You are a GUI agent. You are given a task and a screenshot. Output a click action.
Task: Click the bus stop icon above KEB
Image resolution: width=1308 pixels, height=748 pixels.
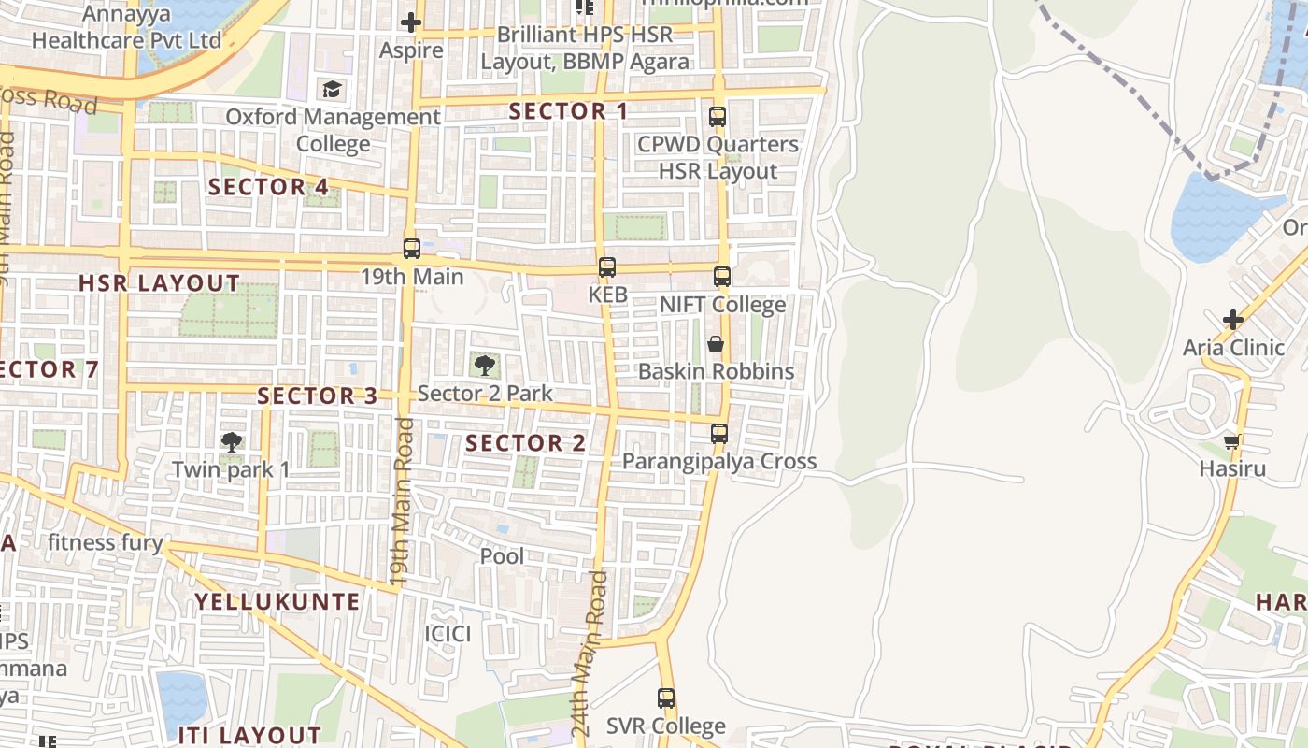pyautogui.click(x=607, y=267)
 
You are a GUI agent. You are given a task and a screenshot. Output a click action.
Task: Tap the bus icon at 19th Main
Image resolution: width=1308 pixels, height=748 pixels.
pyautogui.click(x=411, y=249)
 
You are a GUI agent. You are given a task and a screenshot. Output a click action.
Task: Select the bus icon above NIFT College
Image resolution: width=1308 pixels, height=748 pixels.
pyautogui.click(x=721, y=277)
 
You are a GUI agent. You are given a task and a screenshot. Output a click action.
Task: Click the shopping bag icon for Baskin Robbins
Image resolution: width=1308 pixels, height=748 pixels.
pyautogui.click(x=716, y=344)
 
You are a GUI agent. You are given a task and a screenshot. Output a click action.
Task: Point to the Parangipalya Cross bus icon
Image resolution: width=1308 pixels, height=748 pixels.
pyautogui.click(x=718, y=434)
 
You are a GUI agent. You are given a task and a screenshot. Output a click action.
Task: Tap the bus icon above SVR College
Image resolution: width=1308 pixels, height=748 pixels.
pyautogui.click(x=665, y=698)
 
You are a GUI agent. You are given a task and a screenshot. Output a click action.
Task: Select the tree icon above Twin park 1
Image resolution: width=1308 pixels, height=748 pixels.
pyautogui.click(x=231, y=441)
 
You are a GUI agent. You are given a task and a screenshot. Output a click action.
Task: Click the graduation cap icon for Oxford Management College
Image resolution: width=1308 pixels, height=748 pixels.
pyautogui.click(x=332, y=90)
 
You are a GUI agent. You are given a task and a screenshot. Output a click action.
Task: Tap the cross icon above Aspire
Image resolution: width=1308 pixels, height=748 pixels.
pyautogui.click(x=410, y=22)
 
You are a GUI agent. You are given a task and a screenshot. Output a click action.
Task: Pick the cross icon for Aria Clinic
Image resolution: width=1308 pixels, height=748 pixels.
pyautogui.click(x=1233, y=320)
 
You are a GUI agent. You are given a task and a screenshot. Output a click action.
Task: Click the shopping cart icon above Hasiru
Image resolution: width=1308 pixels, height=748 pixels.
pyautogui.click(x=1232, y=441)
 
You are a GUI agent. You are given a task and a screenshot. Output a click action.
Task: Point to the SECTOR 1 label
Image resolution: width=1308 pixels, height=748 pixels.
pyautogui.click(x=568, y=111)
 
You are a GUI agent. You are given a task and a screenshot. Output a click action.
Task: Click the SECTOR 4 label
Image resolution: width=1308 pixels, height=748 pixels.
pyautogui.click(x=268, y=187)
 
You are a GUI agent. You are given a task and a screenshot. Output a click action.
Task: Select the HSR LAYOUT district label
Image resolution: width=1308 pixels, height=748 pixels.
pyautogui.click(x=159, y=283)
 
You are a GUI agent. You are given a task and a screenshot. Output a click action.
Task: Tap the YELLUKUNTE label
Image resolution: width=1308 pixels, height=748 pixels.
pyautogui.click(x=277, y=602)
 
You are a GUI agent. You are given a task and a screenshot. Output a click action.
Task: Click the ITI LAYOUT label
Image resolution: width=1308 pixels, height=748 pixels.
pyautogui.click(x=249, y=735)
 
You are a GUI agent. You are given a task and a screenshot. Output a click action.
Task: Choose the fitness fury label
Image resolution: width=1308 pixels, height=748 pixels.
pyautogui.click(x=105, y=542)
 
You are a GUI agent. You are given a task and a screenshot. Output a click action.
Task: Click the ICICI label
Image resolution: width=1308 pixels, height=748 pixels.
pyautogui.click(x=448, y=634)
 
